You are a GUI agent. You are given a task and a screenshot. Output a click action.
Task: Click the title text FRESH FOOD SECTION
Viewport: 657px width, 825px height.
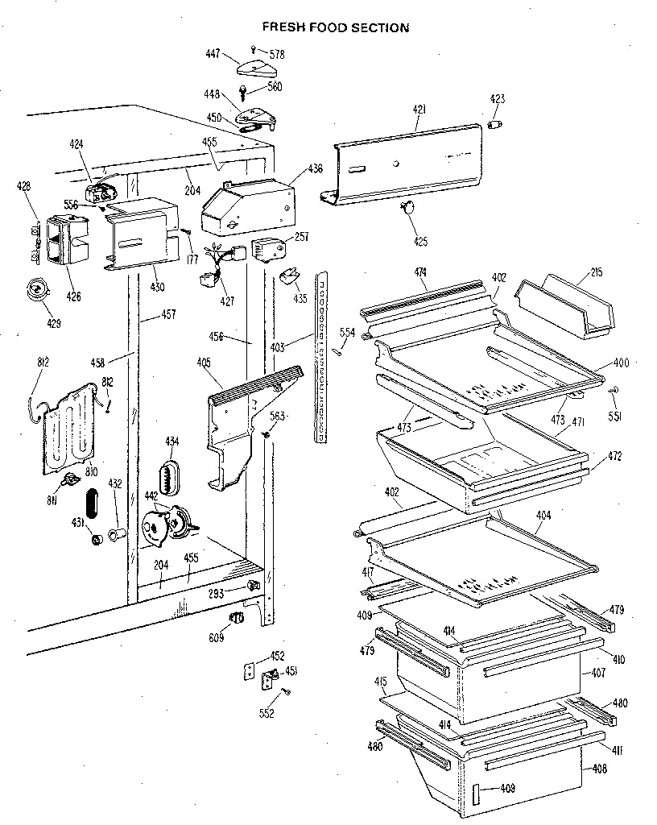336,27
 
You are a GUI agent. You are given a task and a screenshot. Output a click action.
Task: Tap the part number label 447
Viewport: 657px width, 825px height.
213,54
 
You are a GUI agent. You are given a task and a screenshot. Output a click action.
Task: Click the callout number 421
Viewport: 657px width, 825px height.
419,110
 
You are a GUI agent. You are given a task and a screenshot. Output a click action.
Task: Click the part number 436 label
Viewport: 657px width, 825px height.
315,169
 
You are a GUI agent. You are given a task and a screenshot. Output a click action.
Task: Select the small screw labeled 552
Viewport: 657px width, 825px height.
287,692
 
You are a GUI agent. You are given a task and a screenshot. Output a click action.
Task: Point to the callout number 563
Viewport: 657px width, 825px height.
277,417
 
